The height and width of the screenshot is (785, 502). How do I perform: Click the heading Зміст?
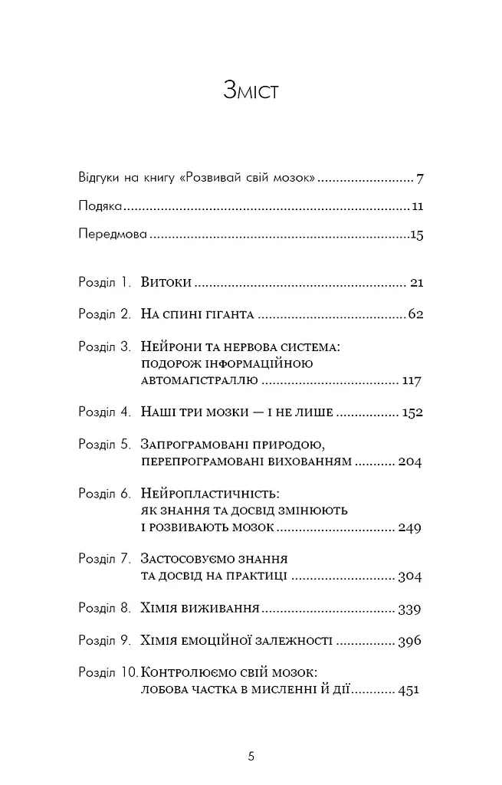tap(251, 90)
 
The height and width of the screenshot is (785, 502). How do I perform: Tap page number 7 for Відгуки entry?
tap(420, 179)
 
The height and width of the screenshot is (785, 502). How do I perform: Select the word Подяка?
tap(100, 206)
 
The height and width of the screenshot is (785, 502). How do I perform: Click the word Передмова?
tap(111, 235)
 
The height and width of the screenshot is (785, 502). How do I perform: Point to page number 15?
tap(416, 235)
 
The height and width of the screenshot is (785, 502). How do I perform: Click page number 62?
tap(416, 315)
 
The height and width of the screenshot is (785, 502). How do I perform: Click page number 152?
tap(412, 412)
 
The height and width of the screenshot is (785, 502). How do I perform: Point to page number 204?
tap(411, 462)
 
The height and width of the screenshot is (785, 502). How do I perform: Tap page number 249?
tap(411, 527)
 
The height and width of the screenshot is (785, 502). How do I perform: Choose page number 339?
tap(411, 609)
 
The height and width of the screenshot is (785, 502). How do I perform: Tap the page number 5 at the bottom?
tap(251, 756)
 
